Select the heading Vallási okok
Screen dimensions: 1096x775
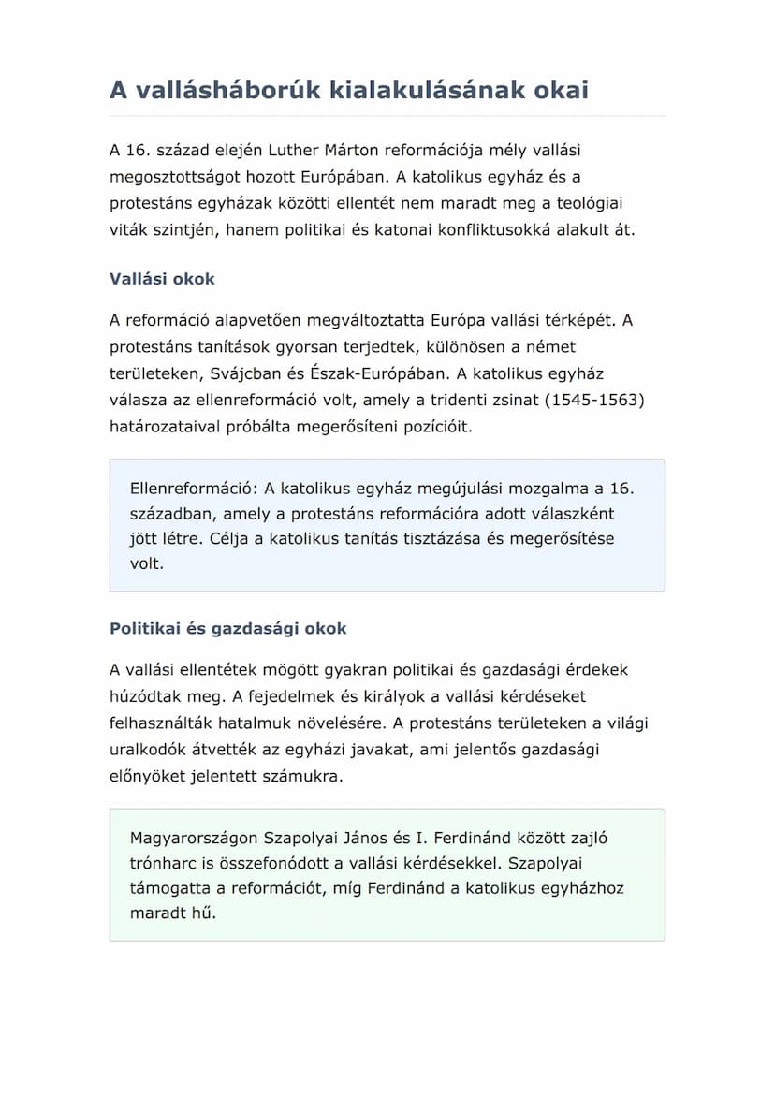click(x=162, y=279)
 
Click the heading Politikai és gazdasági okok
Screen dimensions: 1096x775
click(x=227, y=628)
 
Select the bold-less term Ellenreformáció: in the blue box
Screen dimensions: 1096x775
click(x=194, y=488)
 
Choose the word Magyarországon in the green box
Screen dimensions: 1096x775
click(x=194, y=838)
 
